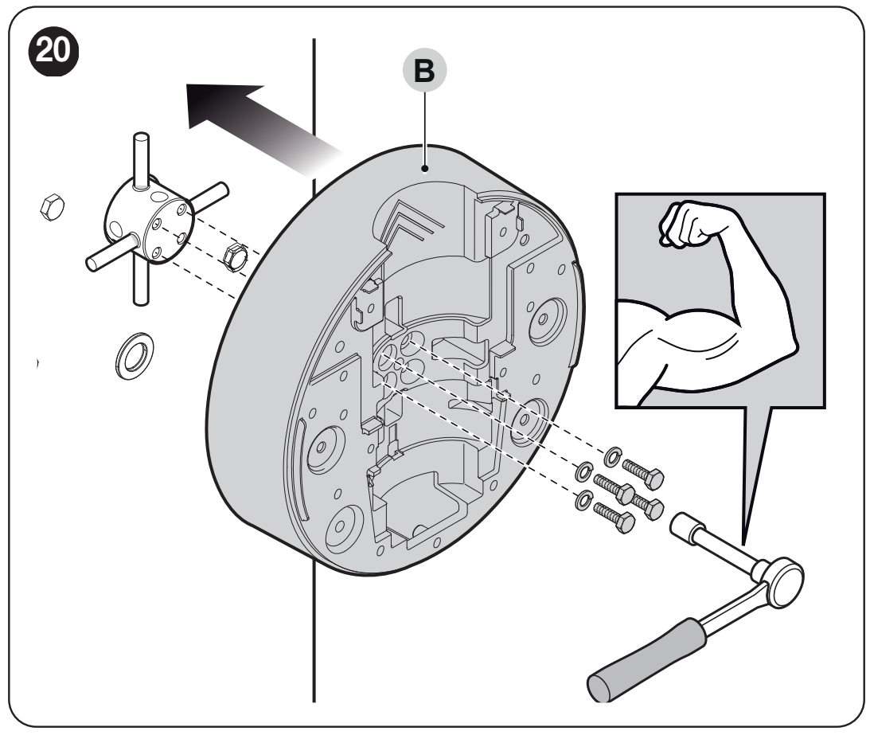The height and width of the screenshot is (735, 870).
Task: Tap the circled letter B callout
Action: (424, 71)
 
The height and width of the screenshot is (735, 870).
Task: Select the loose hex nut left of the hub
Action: (53, 207)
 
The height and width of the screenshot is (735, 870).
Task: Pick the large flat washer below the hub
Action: (135, 356)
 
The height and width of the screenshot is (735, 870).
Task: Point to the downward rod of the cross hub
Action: (141, 283)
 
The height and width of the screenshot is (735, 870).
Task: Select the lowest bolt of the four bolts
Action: (614, 516)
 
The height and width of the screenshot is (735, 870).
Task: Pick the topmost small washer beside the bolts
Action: (613, 456)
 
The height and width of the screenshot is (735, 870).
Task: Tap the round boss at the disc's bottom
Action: (344, 527)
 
